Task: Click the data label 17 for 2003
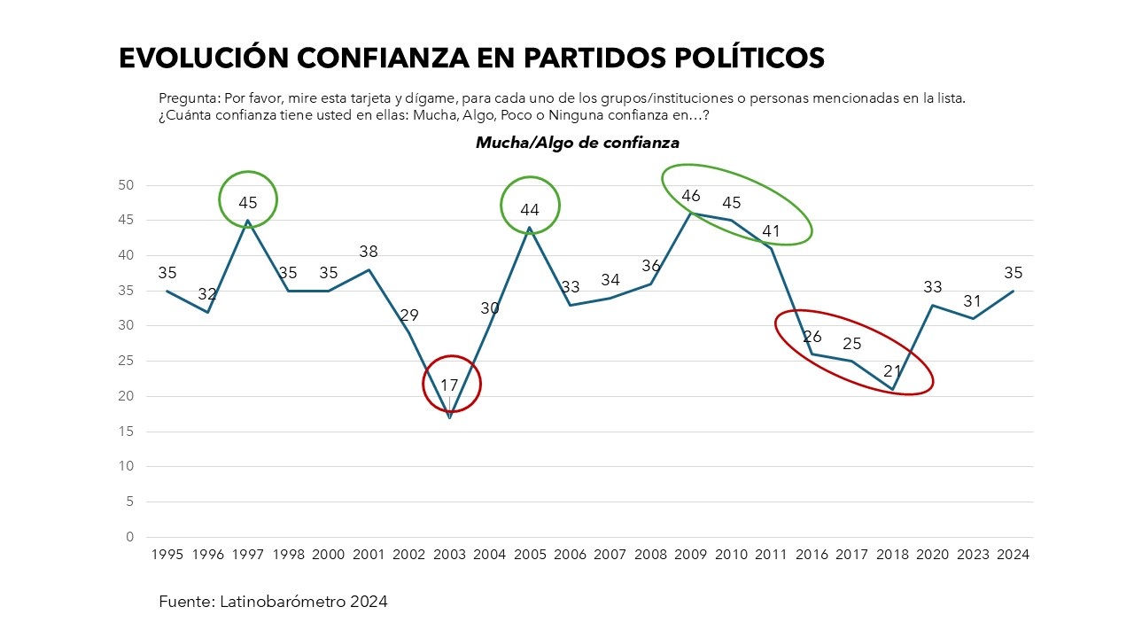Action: coord(450,385)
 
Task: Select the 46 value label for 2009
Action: coord(691,196)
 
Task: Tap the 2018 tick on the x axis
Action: coord(892,554)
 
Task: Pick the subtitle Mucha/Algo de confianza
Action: coord(578,142)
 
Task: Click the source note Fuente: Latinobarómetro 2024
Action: coord(273,602)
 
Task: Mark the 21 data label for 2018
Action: coord(892,371)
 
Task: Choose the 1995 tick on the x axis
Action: coord(167,554)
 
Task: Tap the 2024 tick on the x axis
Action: coord(1013,554)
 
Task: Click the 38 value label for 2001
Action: coord(369,252)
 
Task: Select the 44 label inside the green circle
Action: coord(530,209)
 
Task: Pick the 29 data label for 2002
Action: coord(409,315)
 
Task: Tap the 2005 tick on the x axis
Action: coord(530,554)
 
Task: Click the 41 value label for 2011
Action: coord(772,231)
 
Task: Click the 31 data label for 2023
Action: coord(973,301)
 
